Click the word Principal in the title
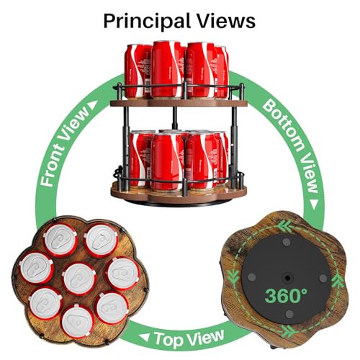coord(147,21)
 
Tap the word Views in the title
coord(226,21)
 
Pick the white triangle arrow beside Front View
coord(93,105)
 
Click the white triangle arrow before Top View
coord(145,337)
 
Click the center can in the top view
coord(79,279)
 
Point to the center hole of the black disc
coord(287,278)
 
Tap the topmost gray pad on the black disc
coord(286,242)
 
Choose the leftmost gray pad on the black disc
coord(251,277)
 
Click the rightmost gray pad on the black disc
coord(323,279)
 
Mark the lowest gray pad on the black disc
coord(289,313)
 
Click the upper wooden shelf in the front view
coord(179,103)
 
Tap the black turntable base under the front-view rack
coord(179,204)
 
